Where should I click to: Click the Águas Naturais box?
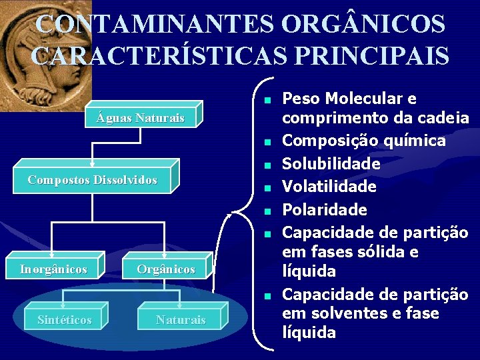click(x=140, y=119)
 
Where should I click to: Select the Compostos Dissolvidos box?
click(x=93, y=180)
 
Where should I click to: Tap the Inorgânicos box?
click(x=53, y=269)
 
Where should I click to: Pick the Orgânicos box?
click(x=166, y=269)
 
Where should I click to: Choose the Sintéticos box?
click(x=65, y=320)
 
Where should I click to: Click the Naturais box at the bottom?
click(x=181, y=320)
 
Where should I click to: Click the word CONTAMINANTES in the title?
click(x=154, y=25)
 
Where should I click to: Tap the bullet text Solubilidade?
click(x=331, y=164)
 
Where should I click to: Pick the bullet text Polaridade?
click(x=325, y=210)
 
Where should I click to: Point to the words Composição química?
click(x=364, y=141)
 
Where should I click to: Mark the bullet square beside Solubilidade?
click(x=266, y=164)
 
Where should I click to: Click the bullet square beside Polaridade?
click(x=266, y=211)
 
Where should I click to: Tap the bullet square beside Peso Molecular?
click(x=266, y=100)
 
